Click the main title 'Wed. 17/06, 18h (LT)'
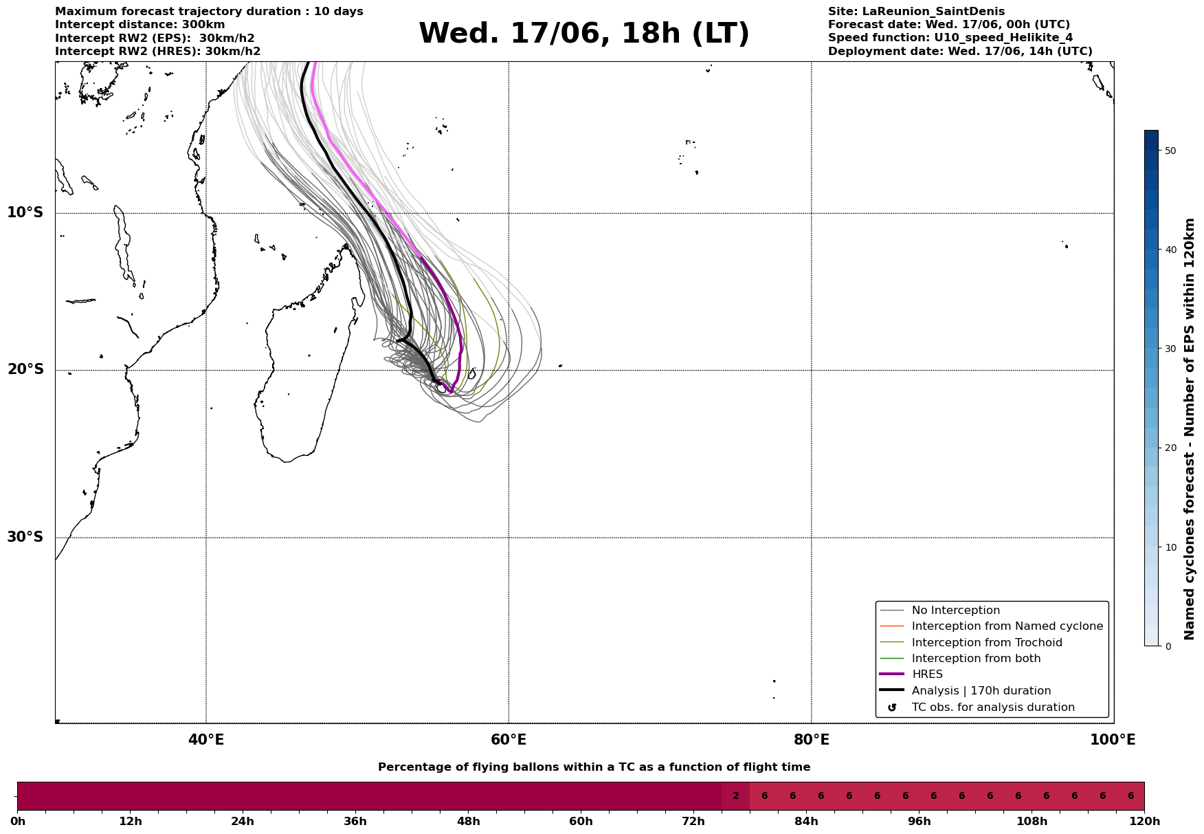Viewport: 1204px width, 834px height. pos(584,34)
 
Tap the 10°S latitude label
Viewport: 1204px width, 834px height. pos(25,212)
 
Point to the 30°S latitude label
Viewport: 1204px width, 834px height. pos(25,537)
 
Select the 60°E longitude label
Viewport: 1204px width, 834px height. pos(509,740)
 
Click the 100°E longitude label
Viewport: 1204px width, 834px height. pos(1113,740)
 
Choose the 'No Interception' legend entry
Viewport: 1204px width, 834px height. pos(956,611)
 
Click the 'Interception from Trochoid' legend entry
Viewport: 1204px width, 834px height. pos(987,643)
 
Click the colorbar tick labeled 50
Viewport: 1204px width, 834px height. pos(1170,151)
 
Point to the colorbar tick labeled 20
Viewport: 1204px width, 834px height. pos(1170,448)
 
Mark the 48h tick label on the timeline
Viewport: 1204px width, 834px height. pos(468,822)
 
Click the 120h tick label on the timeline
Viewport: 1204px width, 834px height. pos(1144,822)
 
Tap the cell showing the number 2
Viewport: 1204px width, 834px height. pos(735,796)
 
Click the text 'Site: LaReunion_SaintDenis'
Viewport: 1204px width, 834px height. pos(916,12)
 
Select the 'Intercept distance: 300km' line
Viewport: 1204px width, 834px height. pos(140,25)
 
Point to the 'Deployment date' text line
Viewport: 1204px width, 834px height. pos(960,52)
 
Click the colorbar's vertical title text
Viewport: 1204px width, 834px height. pos(1190,429)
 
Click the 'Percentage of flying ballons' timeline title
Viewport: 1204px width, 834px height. pos(594,767)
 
